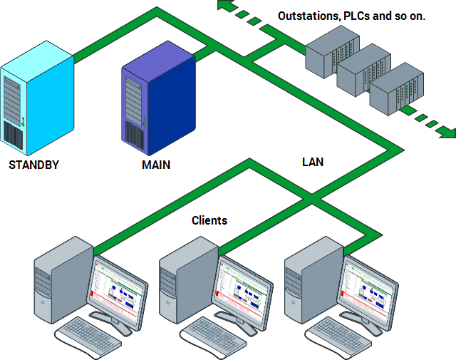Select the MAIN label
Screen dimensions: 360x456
click(x=156, y=165)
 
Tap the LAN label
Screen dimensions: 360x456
click(x=312, y=162)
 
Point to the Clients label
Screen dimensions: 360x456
click(x=209, y=220)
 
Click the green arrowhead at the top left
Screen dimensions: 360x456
click(x=225, y=7)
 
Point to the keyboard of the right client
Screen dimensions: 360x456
click(x=338, y=336)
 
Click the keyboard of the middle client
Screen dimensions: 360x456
click(x=213, y=336)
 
